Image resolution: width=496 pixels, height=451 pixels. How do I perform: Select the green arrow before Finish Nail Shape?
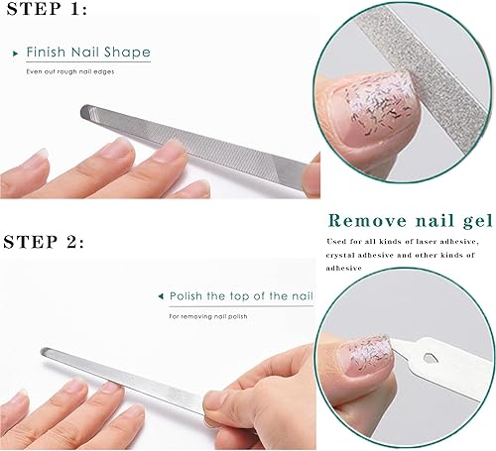[x=17, y=52]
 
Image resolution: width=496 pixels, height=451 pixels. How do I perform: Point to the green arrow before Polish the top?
[x=161, y=295]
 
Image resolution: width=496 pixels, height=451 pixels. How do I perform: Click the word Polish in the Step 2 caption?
[x=188, y=295]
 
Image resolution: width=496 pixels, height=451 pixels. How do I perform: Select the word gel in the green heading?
[x=472, y=220]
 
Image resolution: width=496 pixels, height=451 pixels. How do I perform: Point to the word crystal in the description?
[x=343, y=255]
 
